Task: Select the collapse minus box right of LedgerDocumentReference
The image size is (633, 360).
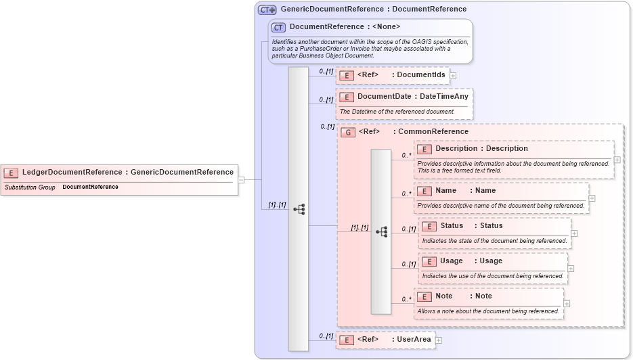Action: pos(241,180)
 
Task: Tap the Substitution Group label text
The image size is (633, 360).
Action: pos(30,187)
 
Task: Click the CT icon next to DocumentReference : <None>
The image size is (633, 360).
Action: pos(278,27)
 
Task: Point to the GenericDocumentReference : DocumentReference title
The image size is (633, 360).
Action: pos(364,9)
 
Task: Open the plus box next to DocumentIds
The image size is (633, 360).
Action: pos(453,76)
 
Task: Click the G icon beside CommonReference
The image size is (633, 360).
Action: pos(348,132)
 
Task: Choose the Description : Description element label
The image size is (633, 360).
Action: pos(481,149)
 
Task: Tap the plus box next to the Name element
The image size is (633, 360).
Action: pos(592,198)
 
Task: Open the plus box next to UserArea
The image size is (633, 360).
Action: pos(439,340)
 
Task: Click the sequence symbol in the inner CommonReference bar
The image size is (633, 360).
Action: pos(381,231)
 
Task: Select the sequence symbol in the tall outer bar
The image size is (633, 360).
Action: pos(299,210)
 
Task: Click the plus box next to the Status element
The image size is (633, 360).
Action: pos(574,233)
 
